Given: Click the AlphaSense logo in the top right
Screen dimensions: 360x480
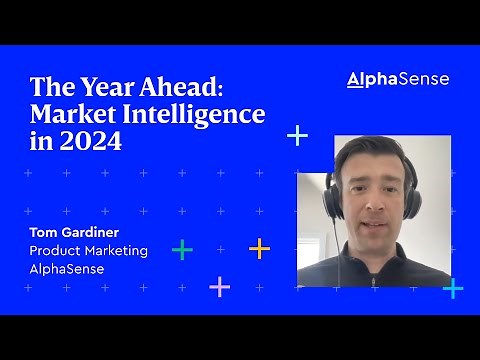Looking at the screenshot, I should point(397,79).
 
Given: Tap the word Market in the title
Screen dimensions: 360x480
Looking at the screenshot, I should point(73,114).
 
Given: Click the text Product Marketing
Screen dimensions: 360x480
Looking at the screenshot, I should point(89,250).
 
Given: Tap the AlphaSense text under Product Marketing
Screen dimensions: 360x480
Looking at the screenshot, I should point(67,268).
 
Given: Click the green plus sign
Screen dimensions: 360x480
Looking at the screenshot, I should point(182,249).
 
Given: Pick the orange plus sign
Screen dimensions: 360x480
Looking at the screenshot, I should point(260,248).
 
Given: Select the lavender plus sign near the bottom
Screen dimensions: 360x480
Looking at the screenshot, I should point(219,287).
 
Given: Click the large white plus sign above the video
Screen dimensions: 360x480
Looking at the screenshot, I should point(297,135).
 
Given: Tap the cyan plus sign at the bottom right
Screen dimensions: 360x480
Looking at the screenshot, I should point(452,288).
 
